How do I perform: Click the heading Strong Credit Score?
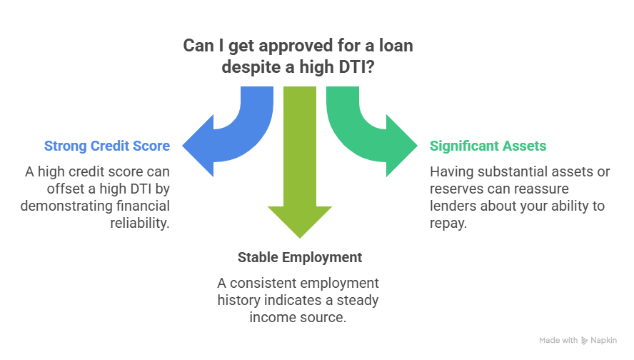pyautogui.click(x=107, y=146)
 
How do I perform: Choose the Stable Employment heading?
pyautogui.click(x=300, y=257)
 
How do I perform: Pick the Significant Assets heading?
pyautogui.click(x=488, y=146)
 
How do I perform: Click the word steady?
pyautogui.click(x=356, y=300)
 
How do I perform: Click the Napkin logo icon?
pyautogui.click(x=585, y=341)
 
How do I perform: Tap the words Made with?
pyautogui.click(x=558, y=341)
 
